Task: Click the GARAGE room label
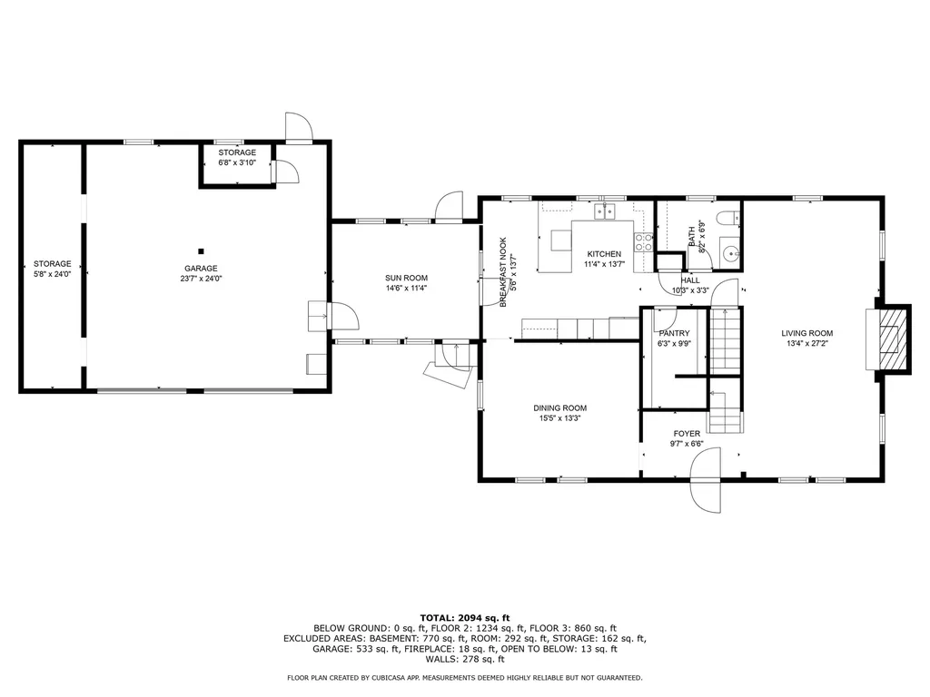tap(201, 269)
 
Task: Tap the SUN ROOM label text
tap(406, 279)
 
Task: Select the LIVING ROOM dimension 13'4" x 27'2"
tap(807, 344)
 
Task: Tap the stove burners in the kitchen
tap(643, 241)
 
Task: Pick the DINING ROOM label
tap(559, 408)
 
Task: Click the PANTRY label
tap(674, 333)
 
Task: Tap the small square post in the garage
tap(202, 250)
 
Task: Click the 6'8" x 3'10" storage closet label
tap(237, 162)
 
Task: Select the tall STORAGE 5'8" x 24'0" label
tap(52, 269)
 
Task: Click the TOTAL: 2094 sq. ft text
tap(464, 617)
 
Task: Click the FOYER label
tap(687, 434)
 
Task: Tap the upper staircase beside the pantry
tap(725, 340)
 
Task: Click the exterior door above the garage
tap(298, 128)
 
